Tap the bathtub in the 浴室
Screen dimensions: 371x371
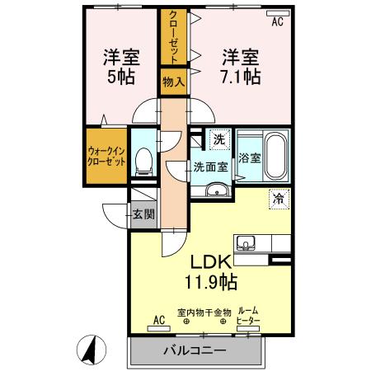(x=275, y=156)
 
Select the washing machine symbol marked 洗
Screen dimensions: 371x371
(x=219, y=140)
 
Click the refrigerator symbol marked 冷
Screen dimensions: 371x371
(x=279, y=200)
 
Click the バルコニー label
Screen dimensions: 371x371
(x=195, y=350)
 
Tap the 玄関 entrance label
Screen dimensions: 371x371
(x=143, y=214)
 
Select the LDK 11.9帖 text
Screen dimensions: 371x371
(x=211, y=272)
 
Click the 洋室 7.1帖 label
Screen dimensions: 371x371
(x=241, y=67)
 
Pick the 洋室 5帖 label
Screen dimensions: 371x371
(x=121, y=67)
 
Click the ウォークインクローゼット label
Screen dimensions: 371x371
(x=106, y=156)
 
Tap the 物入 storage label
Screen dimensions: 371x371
(x=174, y=82)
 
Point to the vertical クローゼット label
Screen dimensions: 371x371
(x=174, y=37)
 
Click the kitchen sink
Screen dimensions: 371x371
(x=246, y=243)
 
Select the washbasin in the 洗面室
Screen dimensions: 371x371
(x=217, y=190)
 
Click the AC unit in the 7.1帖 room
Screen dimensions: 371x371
(x=278, y=13)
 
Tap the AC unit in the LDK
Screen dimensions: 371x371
(x=159, y=328)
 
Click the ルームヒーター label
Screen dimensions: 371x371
(x=248, y=316)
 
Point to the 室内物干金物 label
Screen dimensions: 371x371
(x=204, y=312)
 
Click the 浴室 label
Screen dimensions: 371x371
(x=250, y=158)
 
